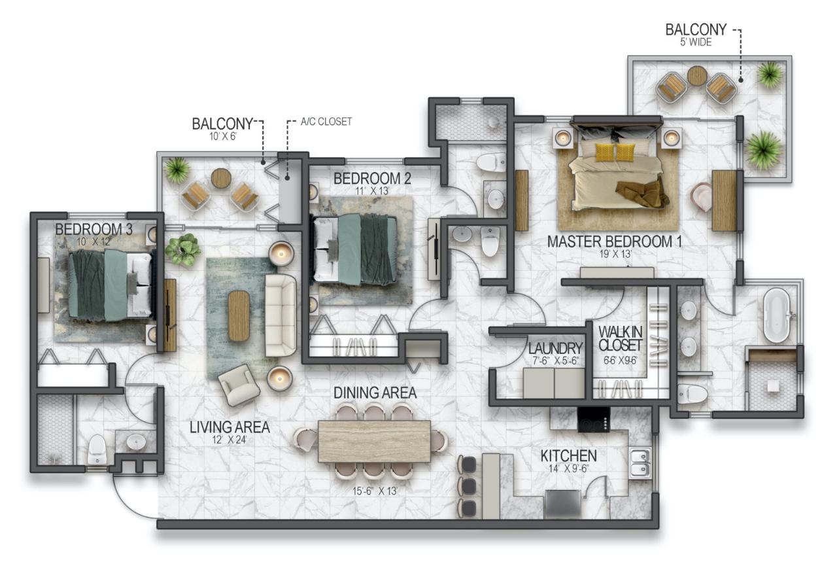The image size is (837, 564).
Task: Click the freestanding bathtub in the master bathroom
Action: click(778, 317)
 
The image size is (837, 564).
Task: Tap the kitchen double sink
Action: click(640, 463)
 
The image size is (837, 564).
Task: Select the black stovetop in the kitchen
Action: click(594, 419)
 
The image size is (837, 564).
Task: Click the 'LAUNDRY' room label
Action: click(555, 347)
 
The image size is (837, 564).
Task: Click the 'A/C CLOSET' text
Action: click(326, 122)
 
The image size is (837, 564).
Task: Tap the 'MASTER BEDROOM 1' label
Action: click(614, 241)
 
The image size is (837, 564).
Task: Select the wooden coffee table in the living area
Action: click(239, 316)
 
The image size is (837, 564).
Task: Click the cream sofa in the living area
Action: click(281, 315)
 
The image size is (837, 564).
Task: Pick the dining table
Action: click(374, 441)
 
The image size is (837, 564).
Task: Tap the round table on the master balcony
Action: click(697, 76)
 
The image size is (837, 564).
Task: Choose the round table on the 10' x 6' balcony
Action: click(221, 178)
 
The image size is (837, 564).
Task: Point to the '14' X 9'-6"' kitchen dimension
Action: click(568, 468)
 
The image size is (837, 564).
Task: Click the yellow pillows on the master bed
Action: click(615, 152)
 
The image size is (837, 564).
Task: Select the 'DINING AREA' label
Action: click(375, 393)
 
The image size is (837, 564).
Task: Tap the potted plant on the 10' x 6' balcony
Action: click(177, 170)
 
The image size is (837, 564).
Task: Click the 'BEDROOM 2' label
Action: click(371, 178)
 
